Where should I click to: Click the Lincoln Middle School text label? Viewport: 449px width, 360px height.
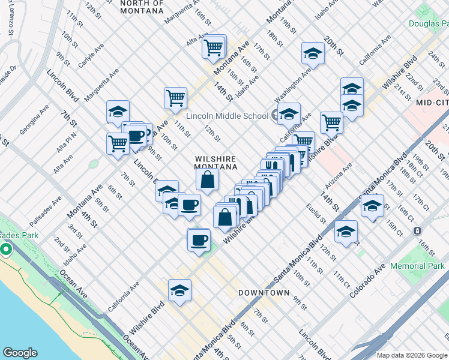point(227,116)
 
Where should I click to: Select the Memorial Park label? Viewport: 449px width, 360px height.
point(417,266)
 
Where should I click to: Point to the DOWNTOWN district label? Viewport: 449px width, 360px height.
point(264,293)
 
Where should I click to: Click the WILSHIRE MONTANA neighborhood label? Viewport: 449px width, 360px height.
point(215,163)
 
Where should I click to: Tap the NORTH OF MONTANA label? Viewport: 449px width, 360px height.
point(142,7)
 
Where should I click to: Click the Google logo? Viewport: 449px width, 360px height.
point(20,353)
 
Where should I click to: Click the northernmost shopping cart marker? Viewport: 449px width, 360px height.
point(214,46)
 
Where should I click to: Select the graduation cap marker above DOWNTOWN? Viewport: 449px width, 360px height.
point(179,290)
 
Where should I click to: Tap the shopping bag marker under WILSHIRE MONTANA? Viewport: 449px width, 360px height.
point(207,179)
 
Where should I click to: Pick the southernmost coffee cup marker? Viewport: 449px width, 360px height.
point(199,240)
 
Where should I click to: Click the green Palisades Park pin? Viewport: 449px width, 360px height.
point(7,248)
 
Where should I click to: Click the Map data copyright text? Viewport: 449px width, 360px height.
point(412,354)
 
